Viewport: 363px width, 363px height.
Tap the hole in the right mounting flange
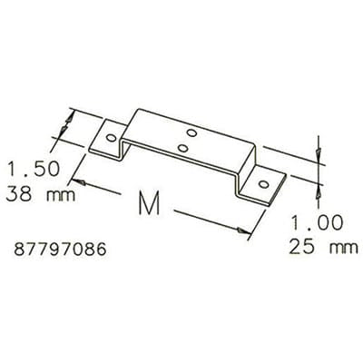pyautogui.click(x=264, y=185)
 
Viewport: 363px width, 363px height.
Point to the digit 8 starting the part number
pyautogui.click(x=21, y=247)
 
